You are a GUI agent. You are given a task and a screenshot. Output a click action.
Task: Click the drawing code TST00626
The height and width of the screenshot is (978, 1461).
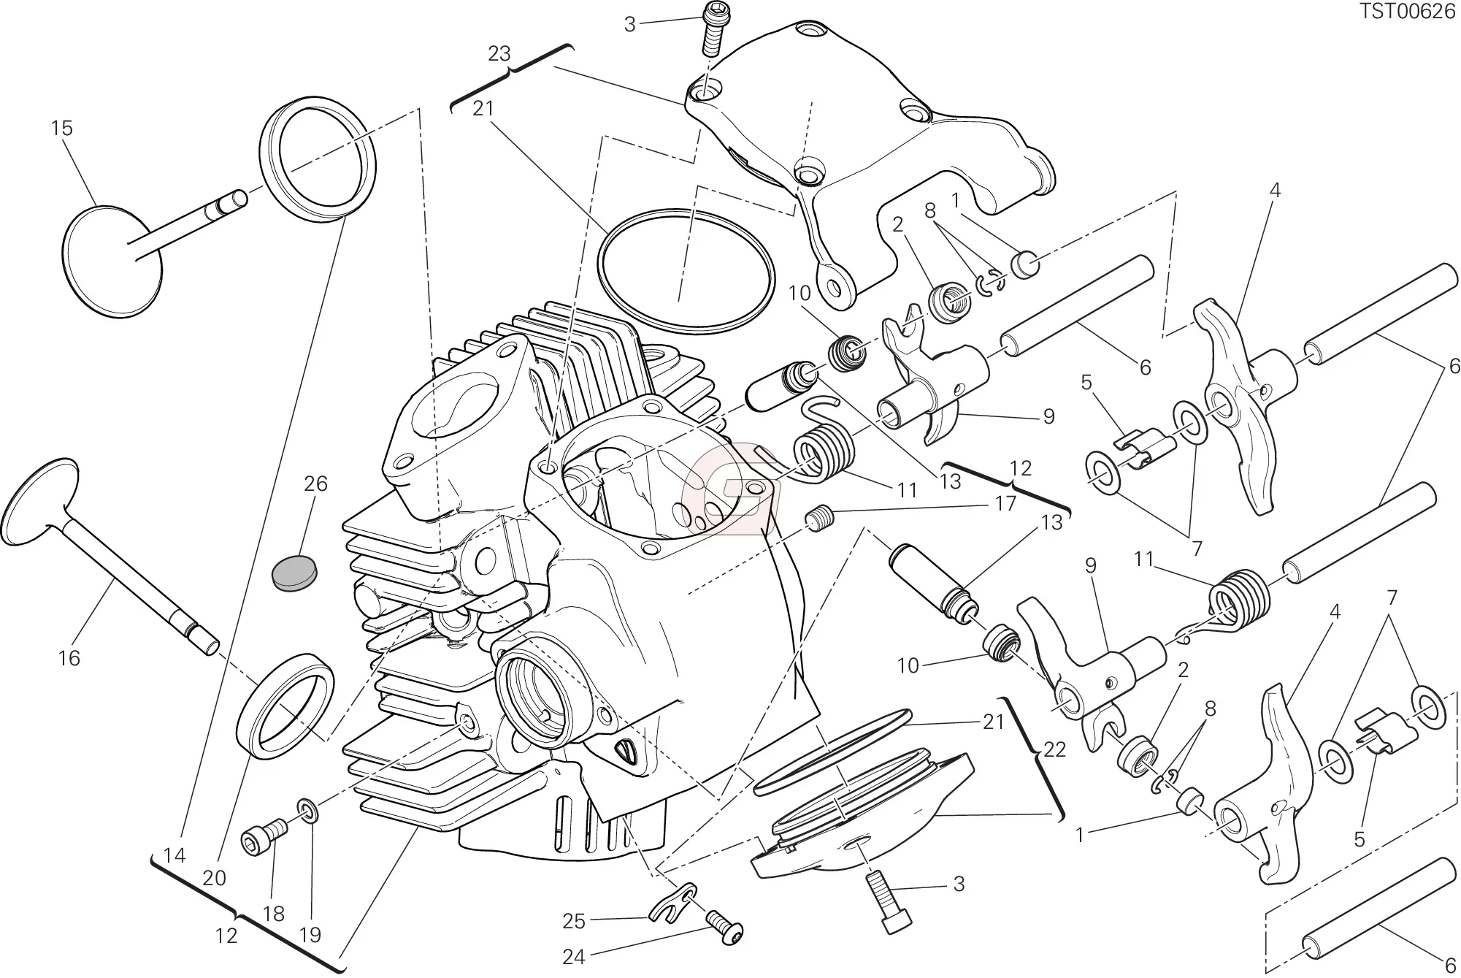click(1416, 12)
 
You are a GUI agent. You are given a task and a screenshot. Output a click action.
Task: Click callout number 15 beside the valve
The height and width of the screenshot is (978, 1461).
click(62, 129)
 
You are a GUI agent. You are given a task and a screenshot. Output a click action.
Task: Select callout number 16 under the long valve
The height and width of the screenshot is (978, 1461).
click(69, 658)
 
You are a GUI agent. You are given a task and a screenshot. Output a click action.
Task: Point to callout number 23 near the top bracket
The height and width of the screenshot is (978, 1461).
click(499, 54)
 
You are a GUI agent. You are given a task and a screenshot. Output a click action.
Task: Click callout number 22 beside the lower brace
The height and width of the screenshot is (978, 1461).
click(1054, 749)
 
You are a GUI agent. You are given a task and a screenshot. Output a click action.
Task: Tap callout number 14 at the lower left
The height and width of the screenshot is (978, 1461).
click(175, 855)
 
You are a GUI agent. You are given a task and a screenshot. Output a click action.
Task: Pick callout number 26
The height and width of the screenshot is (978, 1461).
click(315, 484)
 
